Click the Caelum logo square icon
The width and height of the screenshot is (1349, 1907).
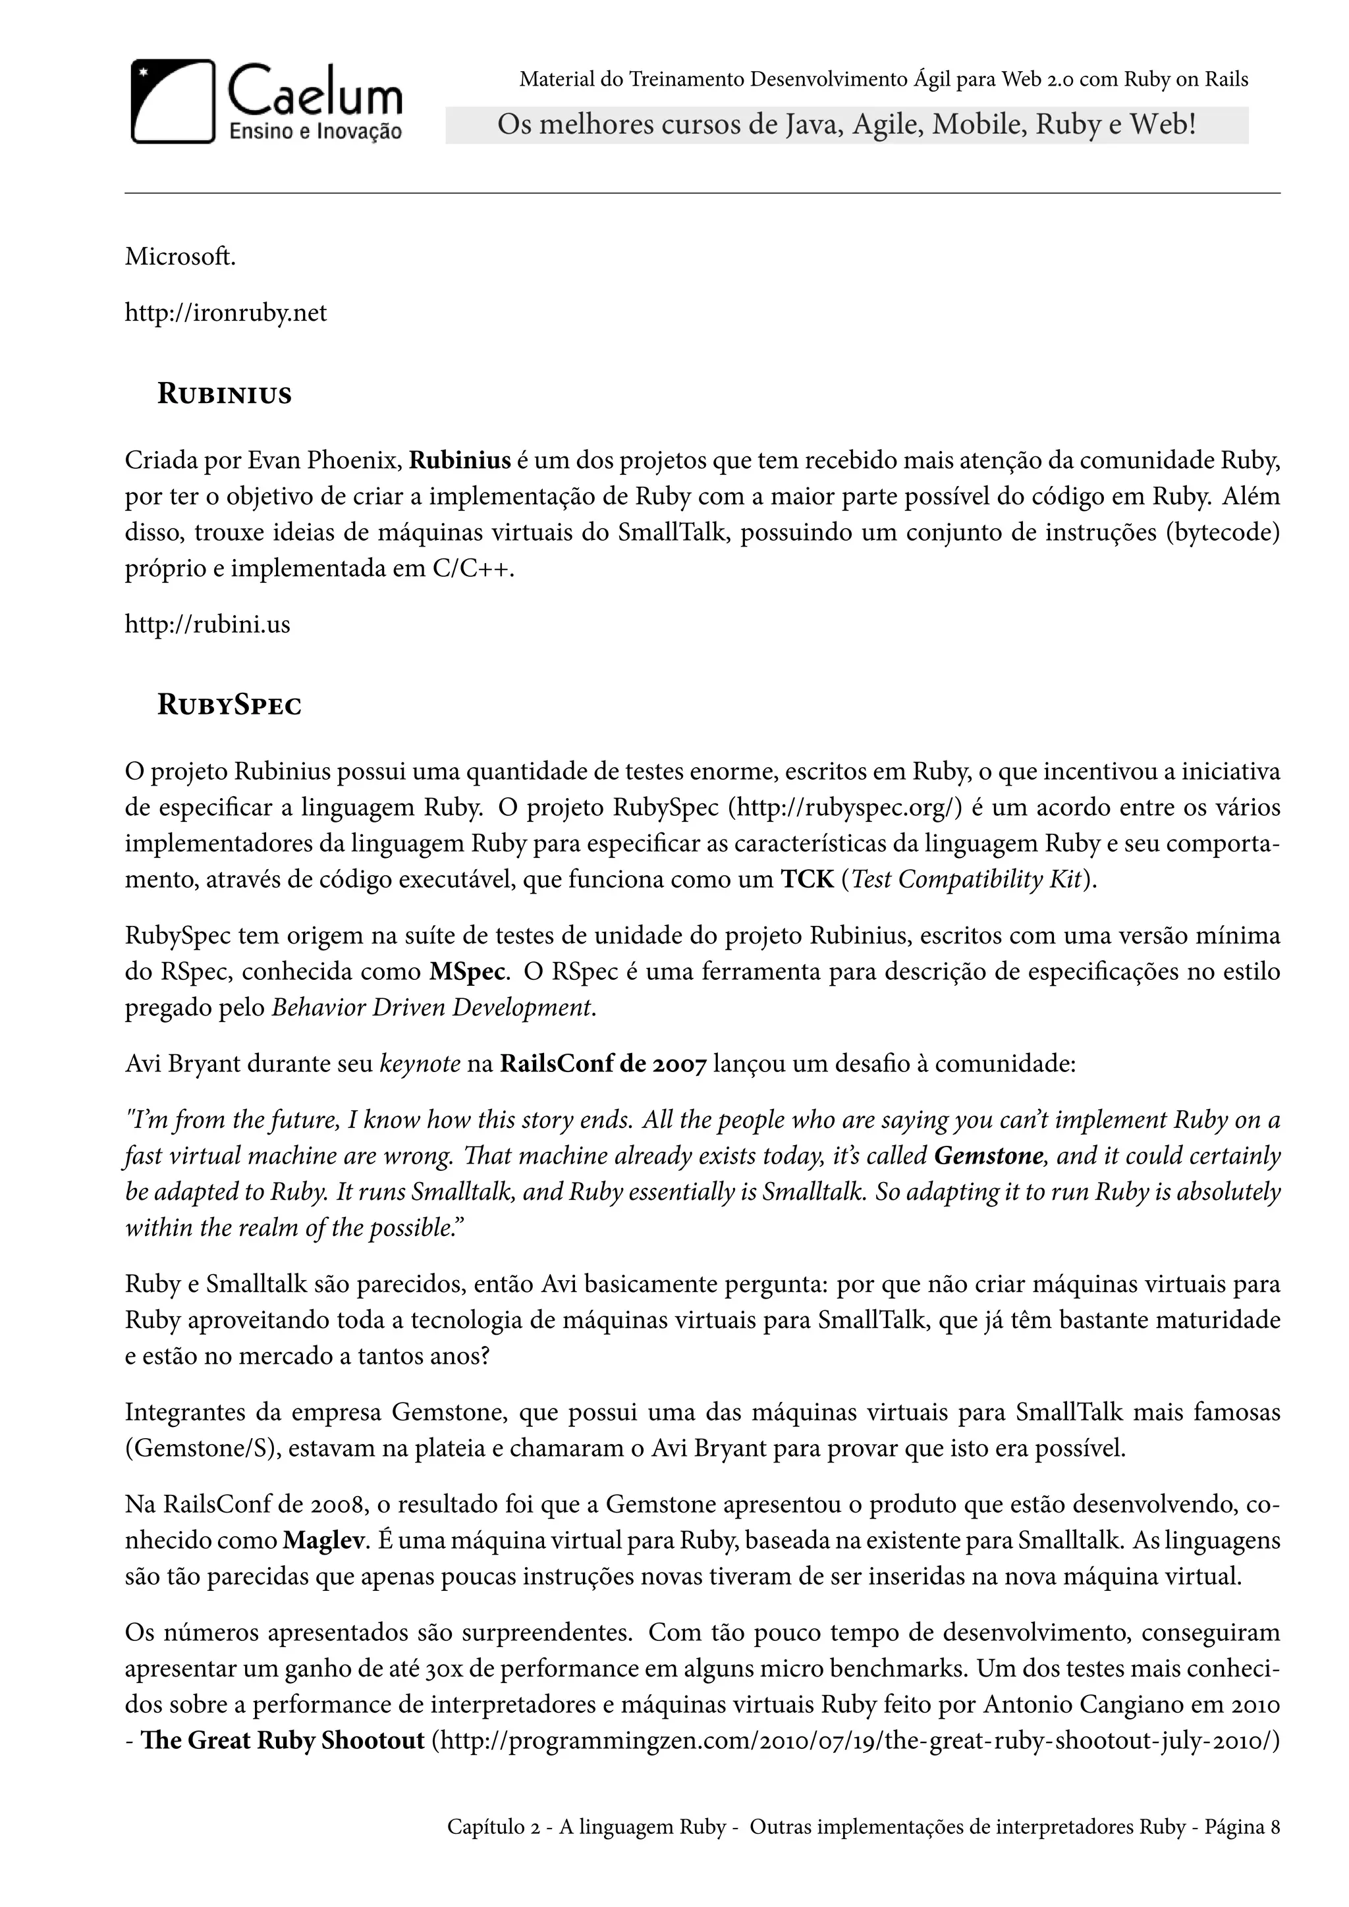(x=173, y=101)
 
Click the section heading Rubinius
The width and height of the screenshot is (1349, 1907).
(x=224, y=394)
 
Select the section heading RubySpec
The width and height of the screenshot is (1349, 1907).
(x=229, y=706)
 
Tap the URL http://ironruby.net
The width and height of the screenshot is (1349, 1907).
(x=226, y=313)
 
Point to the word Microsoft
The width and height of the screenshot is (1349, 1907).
(x=180, y=257)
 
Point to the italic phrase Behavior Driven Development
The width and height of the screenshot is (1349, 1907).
(x=433, y=1007)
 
